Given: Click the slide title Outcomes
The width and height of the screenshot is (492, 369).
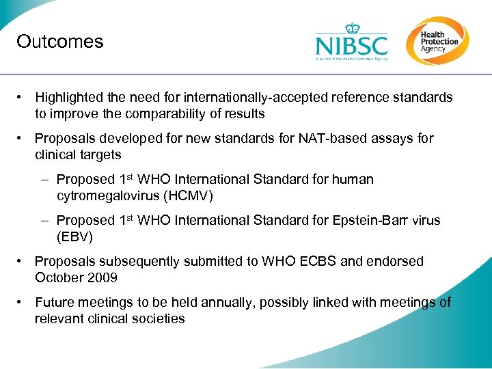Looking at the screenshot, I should pos(60,42).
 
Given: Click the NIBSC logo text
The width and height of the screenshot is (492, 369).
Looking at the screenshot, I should pos(351,46).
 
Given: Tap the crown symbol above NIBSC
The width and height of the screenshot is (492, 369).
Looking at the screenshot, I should pos(352,28).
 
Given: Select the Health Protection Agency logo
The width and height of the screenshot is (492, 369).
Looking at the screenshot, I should pos(437,40).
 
